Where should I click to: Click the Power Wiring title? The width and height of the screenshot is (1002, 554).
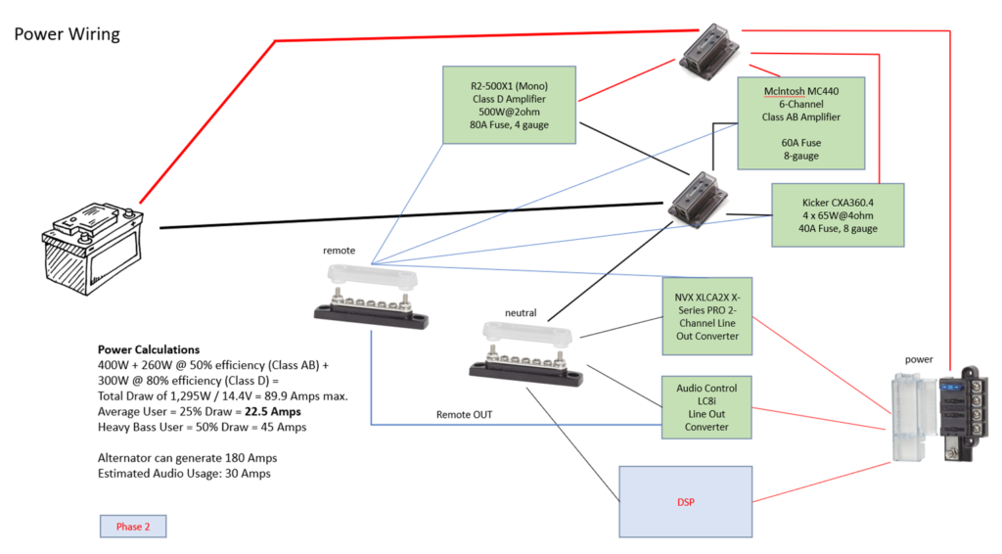67,34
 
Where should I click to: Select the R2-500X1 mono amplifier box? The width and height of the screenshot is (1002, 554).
509,106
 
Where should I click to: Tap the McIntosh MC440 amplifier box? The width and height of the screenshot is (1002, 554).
801,121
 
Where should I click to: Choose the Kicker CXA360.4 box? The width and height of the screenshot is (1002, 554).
838,213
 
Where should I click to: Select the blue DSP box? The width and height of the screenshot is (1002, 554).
685,502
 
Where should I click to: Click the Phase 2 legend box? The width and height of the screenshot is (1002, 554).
133,527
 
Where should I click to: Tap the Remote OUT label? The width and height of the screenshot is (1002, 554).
465,415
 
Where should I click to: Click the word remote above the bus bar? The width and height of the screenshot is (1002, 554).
339,251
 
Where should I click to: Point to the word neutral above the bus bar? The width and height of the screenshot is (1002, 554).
520,312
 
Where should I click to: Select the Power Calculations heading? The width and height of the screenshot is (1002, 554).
149,349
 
